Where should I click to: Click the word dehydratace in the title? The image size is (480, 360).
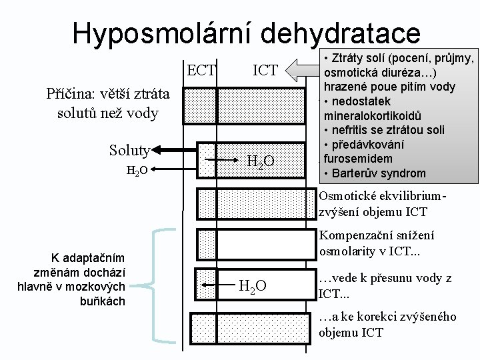click(337, 33)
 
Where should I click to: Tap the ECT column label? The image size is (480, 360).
click(201, 70)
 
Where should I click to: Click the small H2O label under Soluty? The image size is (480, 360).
click(137, 171)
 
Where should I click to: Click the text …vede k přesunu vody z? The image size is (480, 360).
click(385, 279)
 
